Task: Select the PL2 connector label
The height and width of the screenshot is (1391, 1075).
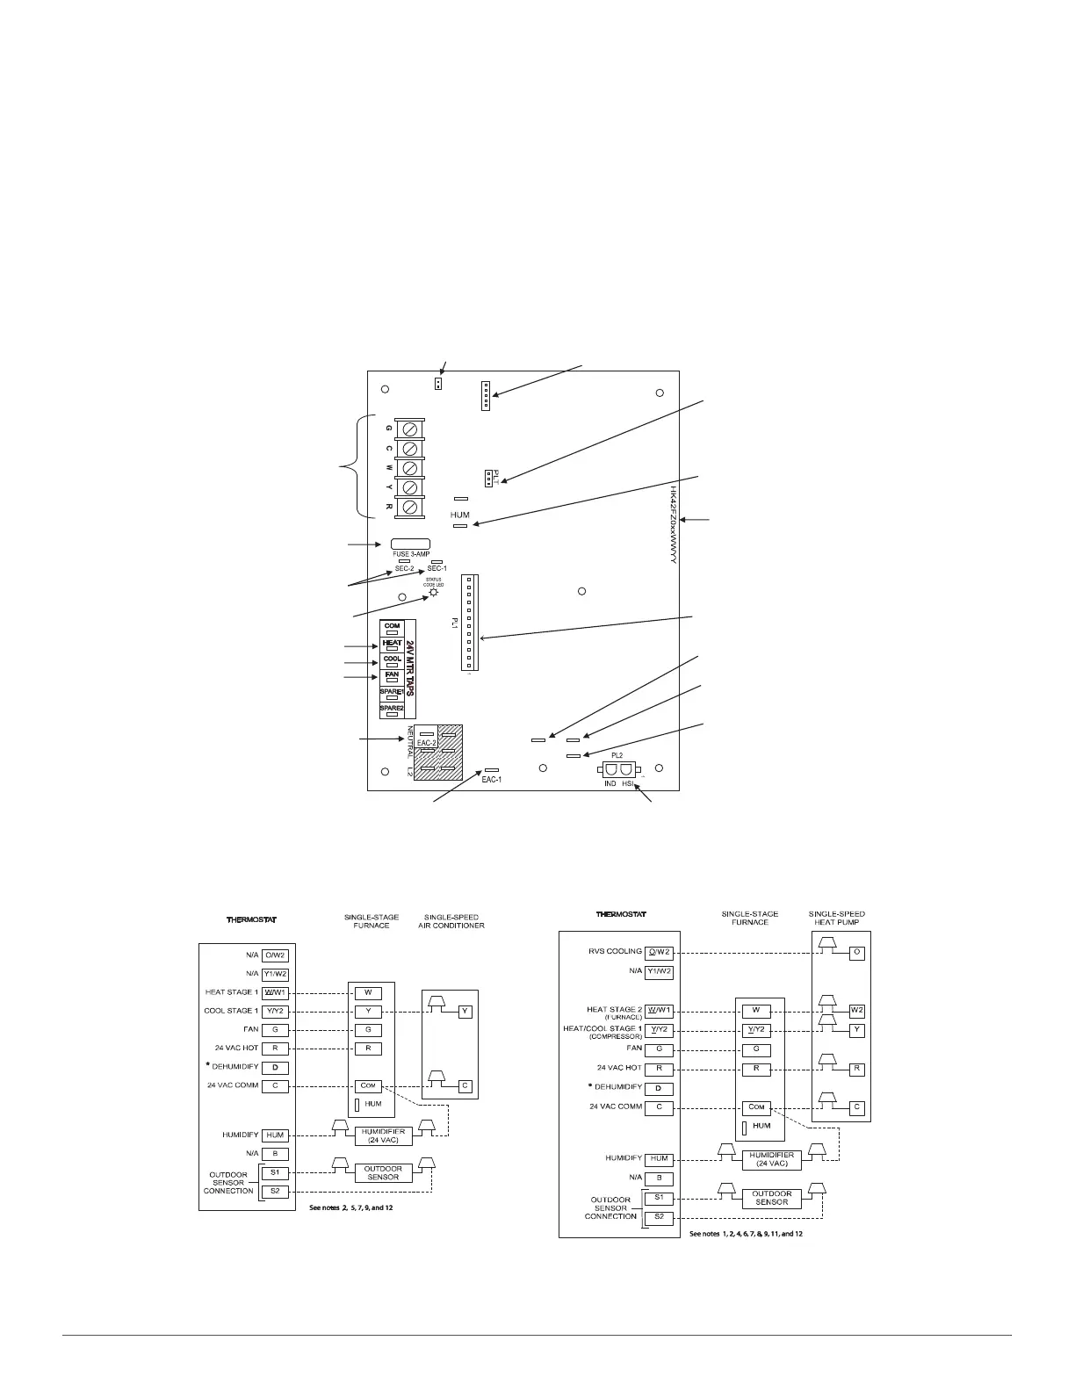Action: (617, 755)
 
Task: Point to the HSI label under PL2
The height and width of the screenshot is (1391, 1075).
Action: (628, 782)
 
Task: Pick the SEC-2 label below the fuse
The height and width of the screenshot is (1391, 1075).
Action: (404, 569)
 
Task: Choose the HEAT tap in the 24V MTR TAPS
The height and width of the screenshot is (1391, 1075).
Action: (392, 645)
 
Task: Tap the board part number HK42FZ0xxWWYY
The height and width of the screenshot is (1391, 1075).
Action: (673, 524)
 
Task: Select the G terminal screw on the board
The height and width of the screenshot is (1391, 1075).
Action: (409, 429)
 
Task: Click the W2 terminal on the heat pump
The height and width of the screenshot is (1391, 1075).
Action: (857, 1010)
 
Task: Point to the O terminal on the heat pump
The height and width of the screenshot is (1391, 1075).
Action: (857, 953)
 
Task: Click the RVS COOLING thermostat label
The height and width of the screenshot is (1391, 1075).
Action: (616, 952)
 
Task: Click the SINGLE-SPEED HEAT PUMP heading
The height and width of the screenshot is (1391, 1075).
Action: (836, 919)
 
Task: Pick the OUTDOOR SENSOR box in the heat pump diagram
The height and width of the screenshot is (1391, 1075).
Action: (771, 1198)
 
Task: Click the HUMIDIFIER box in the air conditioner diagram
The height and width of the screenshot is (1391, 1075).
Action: (383, 1136)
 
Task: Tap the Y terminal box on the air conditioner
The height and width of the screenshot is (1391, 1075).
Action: (465, 1012)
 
